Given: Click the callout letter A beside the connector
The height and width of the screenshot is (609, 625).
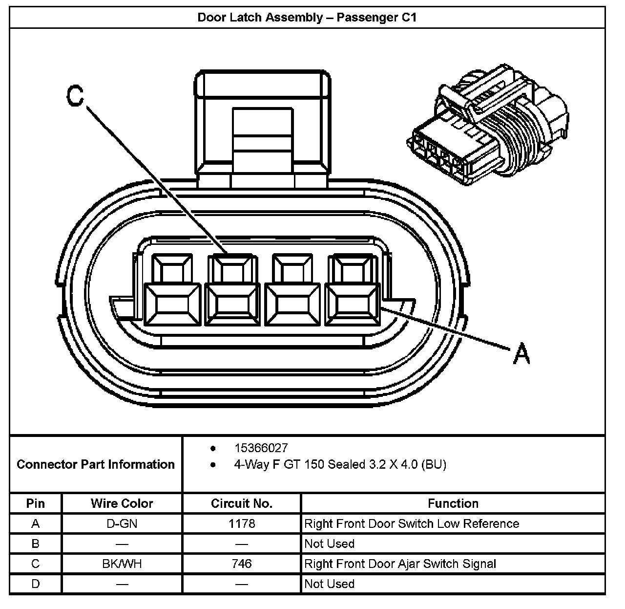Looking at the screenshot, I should point(521,353).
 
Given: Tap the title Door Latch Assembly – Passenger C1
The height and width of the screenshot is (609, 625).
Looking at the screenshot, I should point(307,18).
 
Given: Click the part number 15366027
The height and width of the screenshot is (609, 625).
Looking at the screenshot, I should point(261,448).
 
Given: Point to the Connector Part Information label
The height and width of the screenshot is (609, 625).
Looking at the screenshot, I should point(96,464).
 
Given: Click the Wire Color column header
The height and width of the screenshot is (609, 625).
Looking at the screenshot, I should point(122,503).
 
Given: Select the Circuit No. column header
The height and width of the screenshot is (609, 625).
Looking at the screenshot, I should point(242,503).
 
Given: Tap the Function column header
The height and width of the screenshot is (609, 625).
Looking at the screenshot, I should point(453,503).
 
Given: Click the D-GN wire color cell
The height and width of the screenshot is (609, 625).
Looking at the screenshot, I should point(122,524).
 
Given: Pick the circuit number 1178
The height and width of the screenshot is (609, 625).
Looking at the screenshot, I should point(242,524).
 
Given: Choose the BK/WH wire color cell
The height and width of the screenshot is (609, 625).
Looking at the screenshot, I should point(122,564).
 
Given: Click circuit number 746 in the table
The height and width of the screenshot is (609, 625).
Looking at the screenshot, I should point(242,564).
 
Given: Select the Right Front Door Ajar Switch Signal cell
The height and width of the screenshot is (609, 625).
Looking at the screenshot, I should point(400,564).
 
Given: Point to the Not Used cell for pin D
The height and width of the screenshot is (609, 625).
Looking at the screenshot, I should point(329,584).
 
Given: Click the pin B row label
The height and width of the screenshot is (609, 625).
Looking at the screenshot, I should point(35,544).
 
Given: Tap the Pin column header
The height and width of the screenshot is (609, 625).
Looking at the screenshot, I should point(35,503).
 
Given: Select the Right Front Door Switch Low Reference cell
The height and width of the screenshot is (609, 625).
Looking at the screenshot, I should point(412,524).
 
